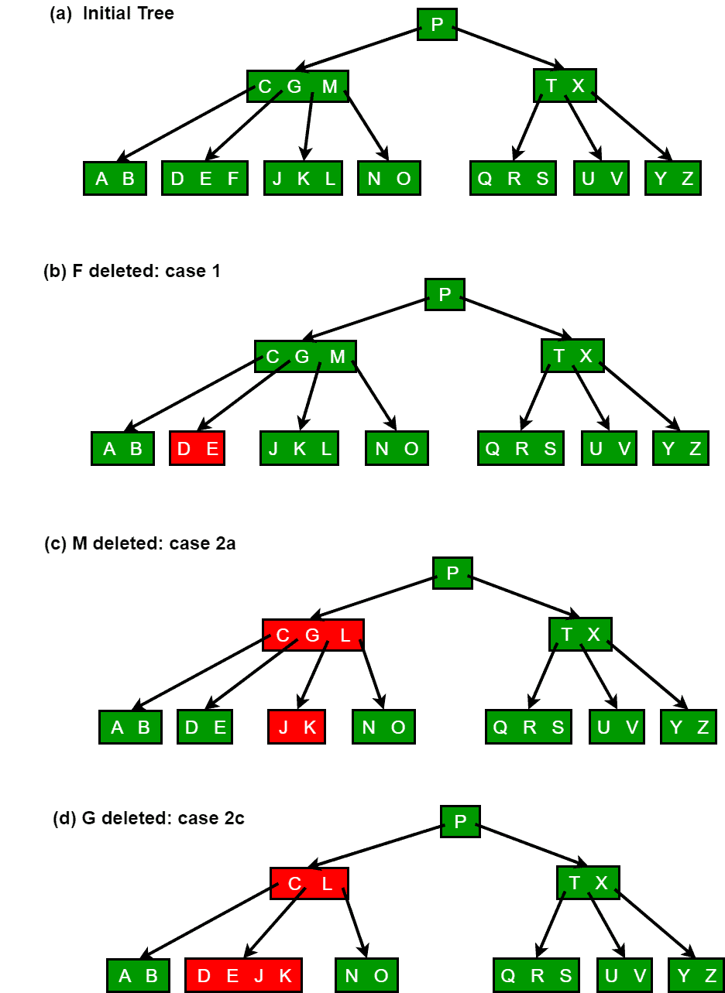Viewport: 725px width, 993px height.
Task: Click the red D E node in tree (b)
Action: [x=197, y=449]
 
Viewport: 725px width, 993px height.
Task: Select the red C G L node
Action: [x=313, y=635]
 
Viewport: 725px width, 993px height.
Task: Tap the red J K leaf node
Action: [x=297, y=728]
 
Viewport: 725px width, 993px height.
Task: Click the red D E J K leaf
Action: [x=243, y=975]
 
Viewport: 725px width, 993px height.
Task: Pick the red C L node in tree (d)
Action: [x=309, y=883]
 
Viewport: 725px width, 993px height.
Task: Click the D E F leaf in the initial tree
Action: [x=204, y=179]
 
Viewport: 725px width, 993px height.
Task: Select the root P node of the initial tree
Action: [x=437, y=25]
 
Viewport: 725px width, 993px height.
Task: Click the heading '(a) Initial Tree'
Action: [x=112, y=13]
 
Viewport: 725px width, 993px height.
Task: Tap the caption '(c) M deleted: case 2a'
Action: [x=139, y=543]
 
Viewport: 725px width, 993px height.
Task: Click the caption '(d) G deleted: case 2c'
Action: [x=148, y=817]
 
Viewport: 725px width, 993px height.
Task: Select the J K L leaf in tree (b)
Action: [x=300, y=449]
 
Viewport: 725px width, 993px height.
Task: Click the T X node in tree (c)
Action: [x=580, y=635]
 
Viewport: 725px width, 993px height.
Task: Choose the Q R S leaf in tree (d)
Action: [x=536, y=975]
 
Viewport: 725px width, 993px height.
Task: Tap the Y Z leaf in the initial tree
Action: [x=673, y=179]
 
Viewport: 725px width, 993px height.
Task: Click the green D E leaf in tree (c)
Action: [x=204, y=728]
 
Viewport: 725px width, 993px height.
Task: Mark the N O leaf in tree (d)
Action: [x=366, y=975]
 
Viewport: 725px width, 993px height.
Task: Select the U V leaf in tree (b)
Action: [x=609, y=449]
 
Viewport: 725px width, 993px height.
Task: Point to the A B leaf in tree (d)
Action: [x=138, y=975]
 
